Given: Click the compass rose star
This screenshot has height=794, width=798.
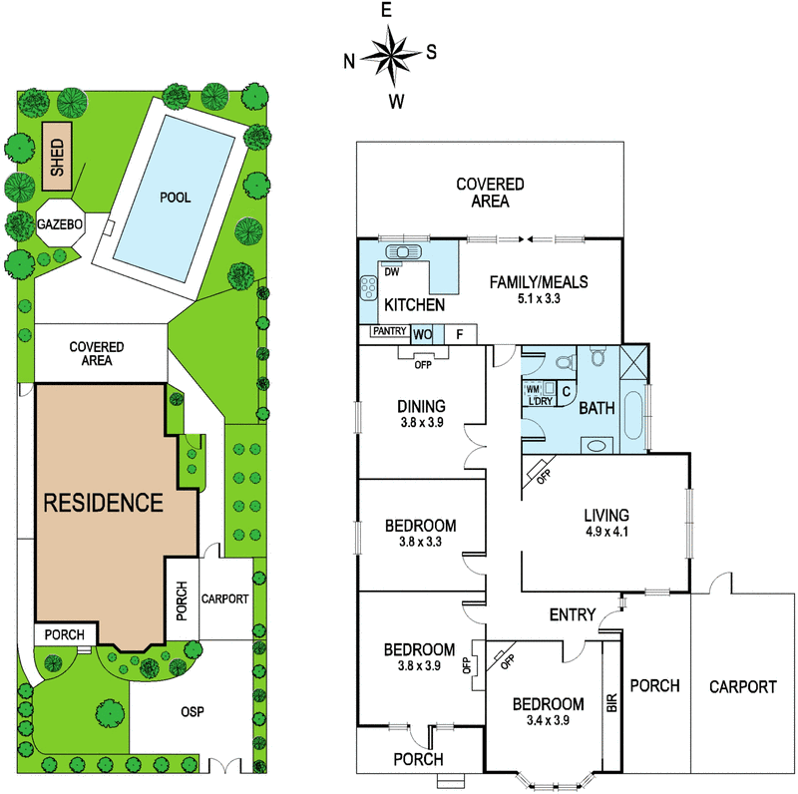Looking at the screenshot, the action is pyautogui.click(x=390, y=56).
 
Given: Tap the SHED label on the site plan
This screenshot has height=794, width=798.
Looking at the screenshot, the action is pyautogui.click(x=57, y=158).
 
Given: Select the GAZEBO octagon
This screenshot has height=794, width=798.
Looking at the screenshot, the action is pyautogui.click(x=60, y=223).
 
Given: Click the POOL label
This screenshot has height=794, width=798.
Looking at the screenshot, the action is pyautogui.click(x=176, y=198).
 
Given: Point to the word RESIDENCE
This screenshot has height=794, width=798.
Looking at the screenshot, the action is pyautogui.click(x=104, y=503).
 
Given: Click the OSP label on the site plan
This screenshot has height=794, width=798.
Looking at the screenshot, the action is pyautogui.click(x=193, y=711).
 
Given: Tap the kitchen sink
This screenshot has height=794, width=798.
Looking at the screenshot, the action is pyautogui.click(x=404, y=251).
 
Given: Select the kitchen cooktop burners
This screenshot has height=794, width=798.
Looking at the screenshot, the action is pyautogui.click(x=368, y=288).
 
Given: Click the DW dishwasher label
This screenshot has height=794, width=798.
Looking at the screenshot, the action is pyautogui.click(x=391, y=272).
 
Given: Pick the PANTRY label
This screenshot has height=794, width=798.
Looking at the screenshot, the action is pyautogui.click(x=389, y=331).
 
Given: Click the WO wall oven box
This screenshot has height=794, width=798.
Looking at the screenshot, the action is pyautogui.click(x=422, y=335).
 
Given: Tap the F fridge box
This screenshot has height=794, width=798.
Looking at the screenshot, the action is pyautogui.click(x=460, y=334).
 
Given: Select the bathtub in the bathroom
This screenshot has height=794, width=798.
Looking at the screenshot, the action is pyautogui.click(x=633, y=415).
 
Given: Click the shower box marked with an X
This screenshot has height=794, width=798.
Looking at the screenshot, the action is pyautogui.click(x=633, y=361).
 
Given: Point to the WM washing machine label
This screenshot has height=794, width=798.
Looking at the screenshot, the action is pyautogui.click(x=533, y=389).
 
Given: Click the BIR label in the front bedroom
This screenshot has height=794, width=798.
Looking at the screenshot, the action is pyautogui.click(x=611, y=703).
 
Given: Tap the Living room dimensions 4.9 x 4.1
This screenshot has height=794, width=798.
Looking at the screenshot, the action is pyautogui.click(x=605, y=533).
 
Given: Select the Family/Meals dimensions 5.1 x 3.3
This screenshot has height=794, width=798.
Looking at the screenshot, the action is pyautogui.click(x=539, y=299).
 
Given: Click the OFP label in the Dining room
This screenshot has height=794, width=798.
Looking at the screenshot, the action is pyautogui.click(x=423, y=365).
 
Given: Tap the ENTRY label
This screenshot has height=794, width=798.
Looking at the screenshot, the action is pyautogui.click(x=573, y=614).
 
